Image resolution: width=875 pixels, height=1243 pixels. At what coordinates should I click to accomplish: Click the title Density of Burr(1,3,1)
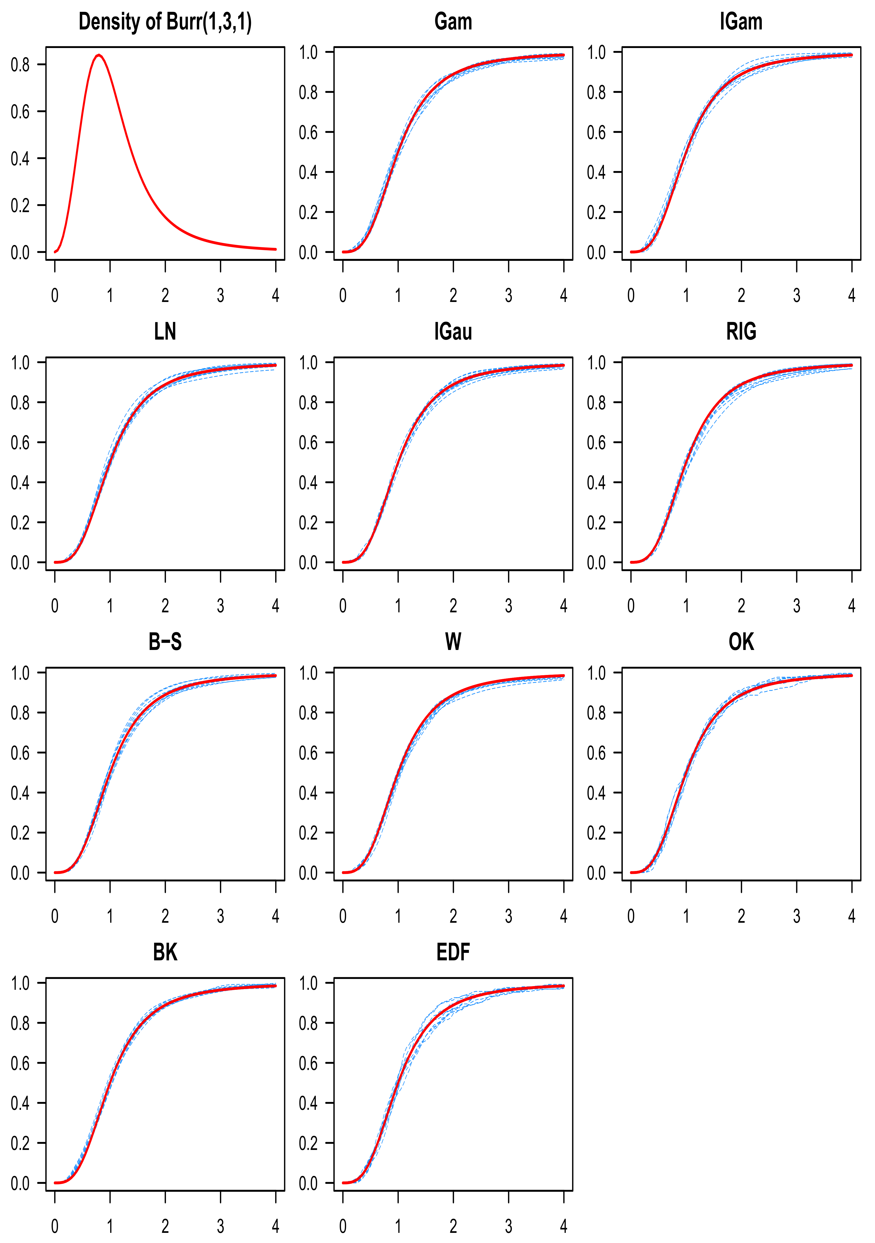pyautogui.click(x=165, y=22)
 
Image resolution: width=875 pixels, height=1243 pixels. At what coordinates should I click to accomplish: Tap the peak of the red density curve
pyautogui.click(x=99, y=55)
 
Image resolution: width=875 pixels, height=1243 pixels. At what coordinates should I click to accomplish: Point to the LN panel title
pyautogui.click(x=165, y=331)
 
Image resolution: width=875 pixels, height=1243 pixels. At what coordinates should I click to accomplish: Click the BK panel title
pyautogui.click(x=165, y=952)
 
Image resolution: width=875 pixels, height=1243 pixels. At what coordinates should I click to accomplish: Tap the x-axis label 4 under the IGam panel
pyautogui.click(x=852, y=295)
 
